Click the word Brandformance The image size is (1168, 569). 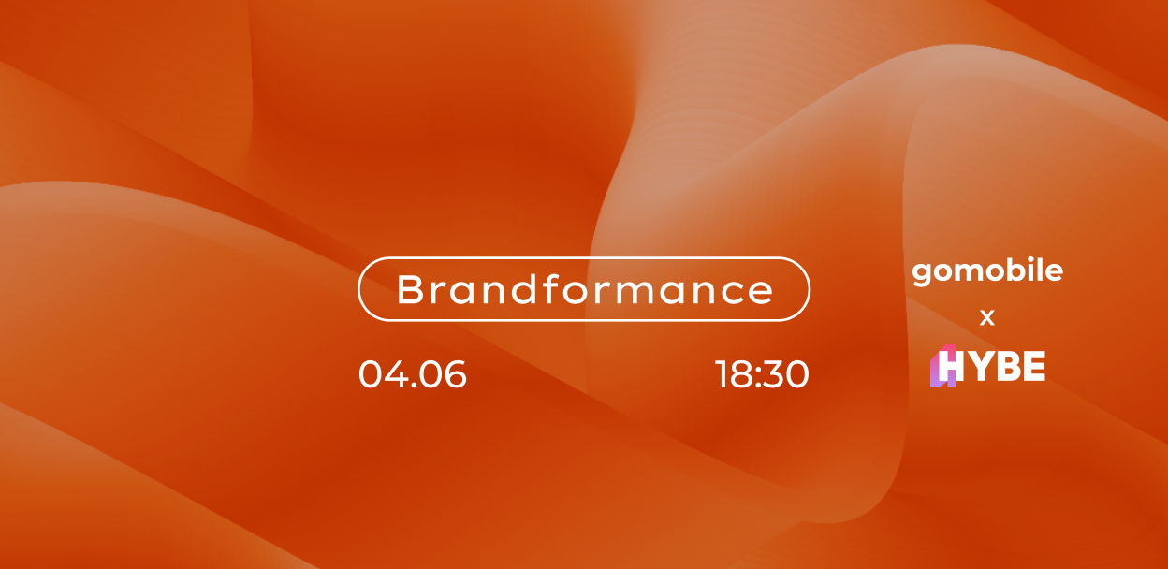click(x=585, y=289)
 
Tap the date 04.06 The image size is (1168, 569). click(x=413, y=374)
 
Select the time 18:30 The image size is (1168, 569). click(x=763, y=374)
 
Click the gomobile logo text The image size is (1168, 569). click(x=987, y=272)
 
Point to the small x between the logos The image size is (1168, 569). click(x=987, y=317)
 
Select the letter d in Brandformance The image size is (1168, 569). click(x=526, y=289)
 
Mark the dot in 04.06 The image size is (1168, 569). click(x=412, y=385)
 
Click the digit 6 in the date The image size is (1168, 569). click(x=454, y=374)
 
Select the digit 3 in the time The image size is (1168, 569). click(x=772, y=374)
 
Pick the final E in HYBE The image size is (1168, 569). click(x=1034, y=366)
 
